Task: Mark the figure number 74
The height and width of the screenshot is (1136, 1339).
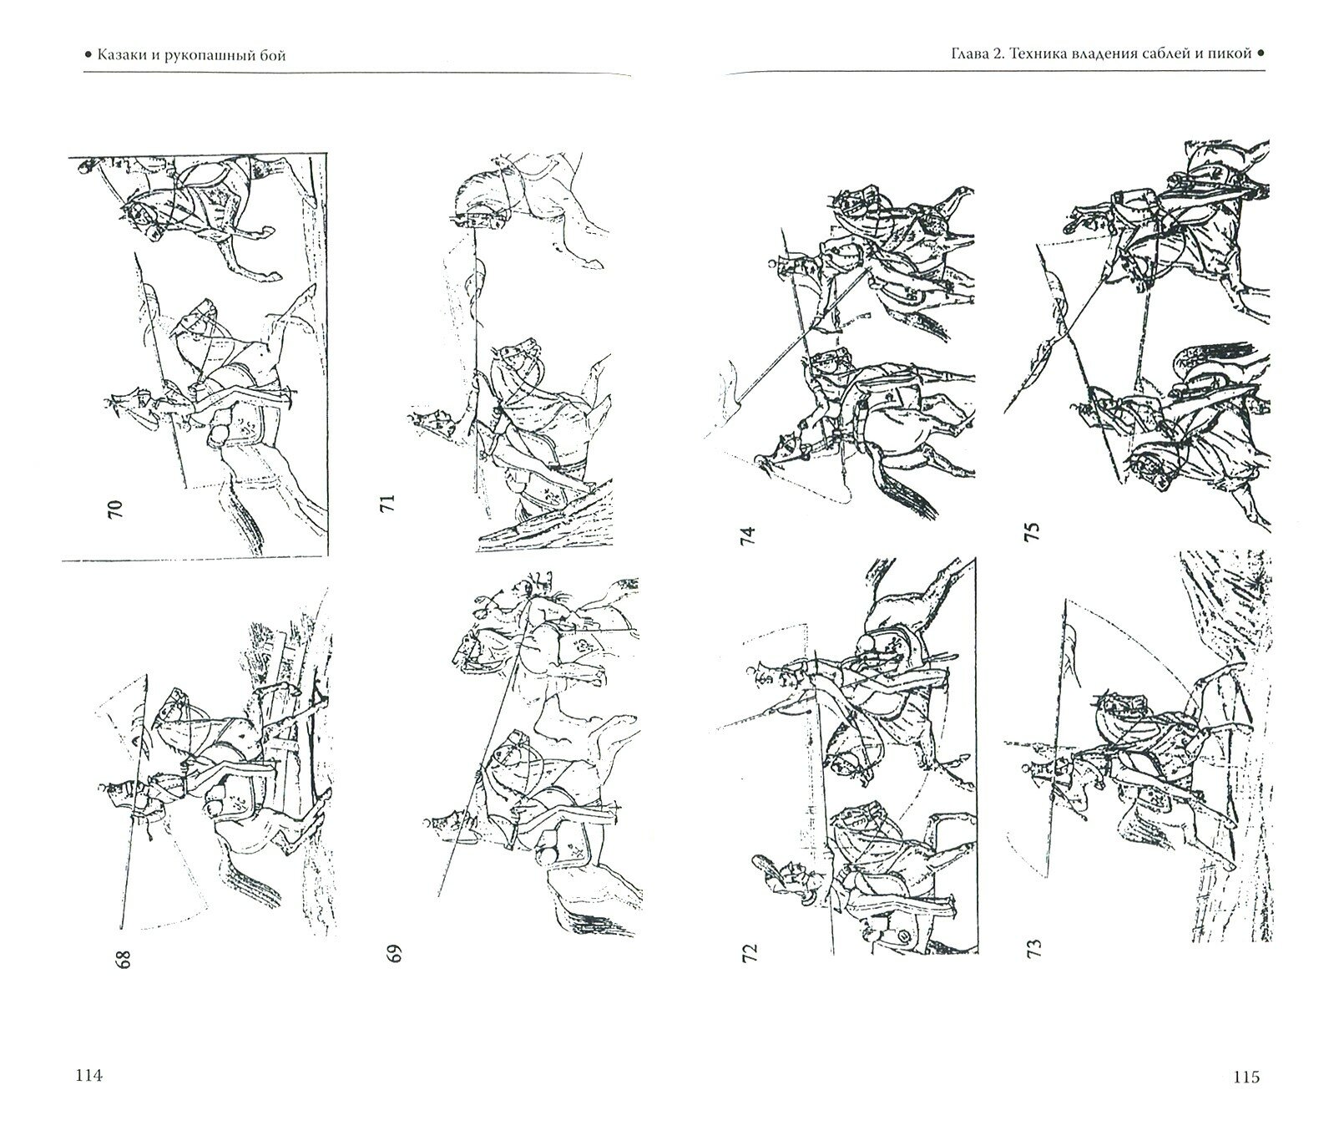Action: [x=746, y=535]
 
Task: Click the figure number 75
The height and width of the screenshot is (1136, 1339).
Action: [x=1032, y=532]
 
